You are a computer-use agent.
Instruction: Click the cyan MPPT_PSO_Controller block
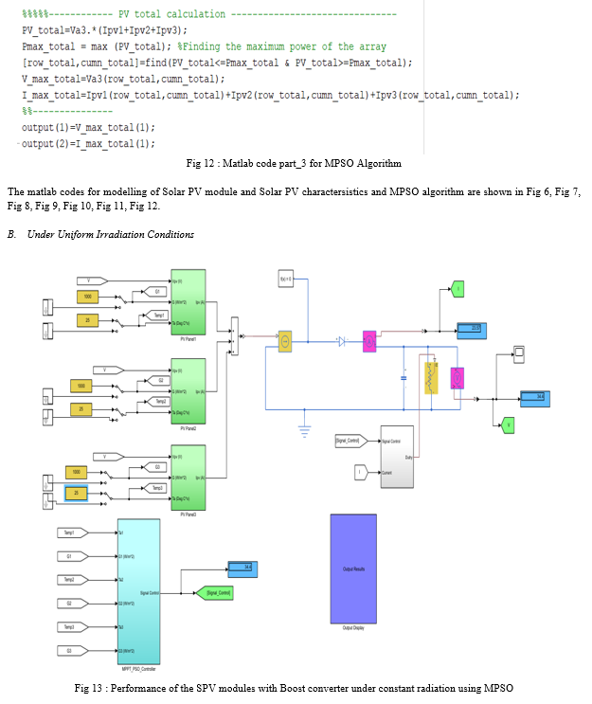[137, 587]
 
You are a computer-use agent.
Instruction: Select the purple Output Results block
[352, 569]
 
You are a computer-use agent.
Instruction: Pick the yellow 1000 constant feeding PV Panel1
[87, 297]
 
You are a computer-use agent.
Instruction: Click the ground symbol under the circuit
[305, 430]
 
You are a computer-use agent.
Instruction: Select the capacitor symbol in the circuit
[404, 376]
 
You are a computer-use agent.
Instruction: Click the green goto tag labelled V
[508, 425]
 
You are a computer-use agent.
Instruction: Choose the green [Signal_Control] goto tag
[217, 593]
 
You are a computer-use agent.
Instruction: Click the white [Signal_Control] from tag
[347, 441]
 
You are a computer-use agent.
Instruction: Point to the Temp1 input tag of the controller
[72, 533]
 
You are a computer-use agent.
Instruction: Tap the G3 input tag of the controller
[72, 649]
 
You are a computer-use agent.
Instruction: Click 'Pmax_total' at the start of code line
[45, 46]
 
